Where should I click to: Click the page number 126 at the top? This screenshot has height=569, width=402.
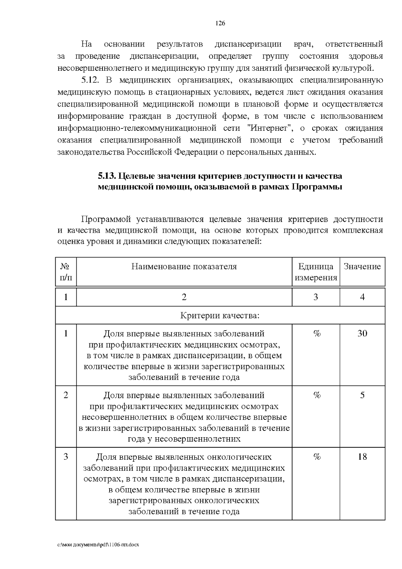click(220, 23)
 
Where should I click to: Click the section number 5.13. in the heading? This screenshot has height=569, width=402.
click(107, 176)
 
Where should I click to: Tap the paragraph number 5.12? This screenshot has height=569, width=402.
click(91, 80)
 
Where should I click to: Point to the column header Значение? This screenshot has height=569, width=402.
click(362, 267)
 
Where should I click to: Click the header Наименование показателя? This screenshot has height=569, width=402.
click(184, 267)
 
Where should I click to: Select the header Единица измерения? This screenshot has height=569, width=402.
click(316, 272)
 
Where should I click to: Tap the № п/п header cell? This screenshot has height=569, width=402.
click(66, 272)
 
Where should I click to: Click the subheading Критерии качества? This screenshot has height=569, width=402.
click(220, 316)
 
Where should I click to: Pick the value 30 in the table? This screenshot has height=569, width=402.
click(362, 333)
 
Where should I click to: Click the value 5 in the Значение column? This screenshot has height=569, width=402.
click(362, 395)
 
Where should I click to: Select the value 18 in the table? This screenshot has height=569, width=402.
click(362, 457)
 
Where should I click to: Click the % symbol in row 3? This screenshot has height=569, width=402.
click(317, 457)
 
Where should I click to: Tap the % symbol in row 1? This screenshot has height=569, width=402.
click(317, 333)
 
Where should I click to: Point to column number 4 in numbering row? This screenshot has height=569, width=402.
click(362, 297)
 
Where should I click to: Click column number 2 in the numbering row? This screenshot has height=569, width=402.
click(184, 297)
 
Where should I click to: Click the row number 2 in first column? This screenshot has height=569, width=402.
click(66, 395)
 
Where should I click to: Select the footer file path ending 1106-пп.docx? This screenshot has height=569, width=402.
click(98, 545)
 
